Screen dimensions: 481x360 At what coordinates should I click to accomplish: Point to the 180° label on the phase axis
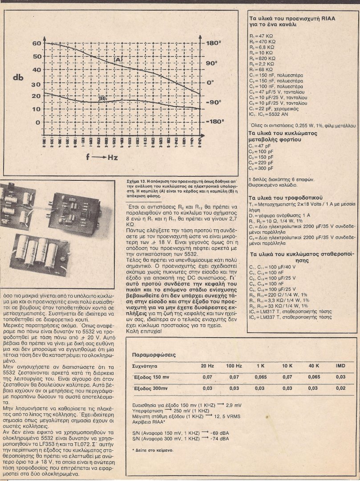coord(214,43)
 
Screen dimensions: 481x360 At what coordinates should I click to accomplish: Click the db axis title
coord(18,77)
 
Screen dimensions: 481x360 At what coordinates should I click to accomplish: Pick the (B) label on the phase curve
coord(102,98)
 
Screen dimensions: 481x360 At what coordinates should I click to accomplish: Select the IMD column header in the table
coord(340,366)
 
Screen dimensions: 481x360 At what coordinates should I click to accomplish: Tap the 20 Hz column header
coord(207,366)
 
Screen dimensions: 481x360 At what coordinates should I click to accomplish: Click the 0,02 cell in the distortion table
coord(340,388)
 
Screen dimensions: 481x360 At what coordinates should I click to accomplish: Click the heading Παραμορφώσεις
coord(155,355)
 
